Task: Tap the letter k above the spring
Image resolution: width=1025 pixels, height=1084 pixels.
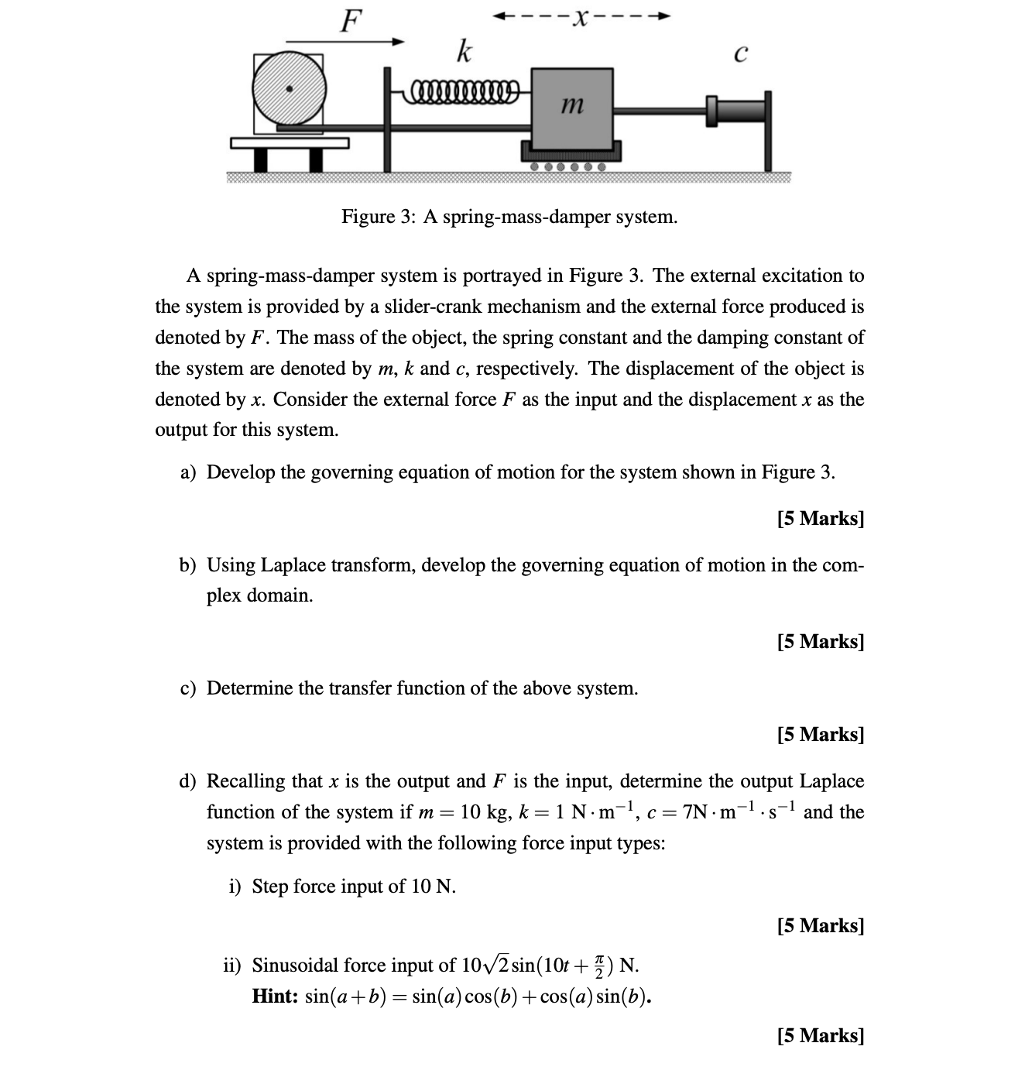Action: tap(463, 52)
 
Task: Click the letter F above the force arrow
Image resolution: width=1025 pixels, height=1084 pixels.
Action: tap(351, 19)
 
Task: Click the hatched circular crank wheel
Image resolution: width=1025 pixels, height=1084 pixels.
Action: tap(290, 89)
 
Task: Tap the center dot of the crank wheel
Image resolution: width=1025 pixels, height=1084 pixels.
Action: tap(290, 89)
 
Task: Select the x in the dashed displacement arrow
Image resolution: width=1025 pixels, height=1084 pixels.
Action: tap(578, 16)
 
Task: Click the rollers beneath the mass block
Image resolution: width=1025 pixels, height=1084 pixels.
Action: tap(567, 166)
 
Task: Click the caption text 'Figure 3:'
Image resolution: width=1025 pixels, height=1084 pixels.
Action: tap(379, 217)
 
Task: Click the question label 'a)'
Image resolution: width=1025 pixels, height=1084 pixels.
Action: tap(188, 473)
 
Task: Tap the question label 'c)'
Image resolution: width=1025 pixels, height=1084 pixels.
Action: tap(188, 689)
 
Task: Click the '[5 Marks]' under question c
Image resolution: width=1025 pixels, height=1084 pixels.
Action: tap(820, 734)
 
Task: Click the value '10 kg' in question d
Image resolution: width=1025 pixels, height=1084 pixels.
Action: tap(483, 812)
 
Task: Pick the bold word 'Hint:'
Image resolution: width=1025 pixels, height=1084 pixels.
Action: tap(275, 997)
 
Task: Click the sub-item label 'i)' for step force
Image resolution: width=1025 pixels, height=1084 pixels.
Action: tap(236, 887)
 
